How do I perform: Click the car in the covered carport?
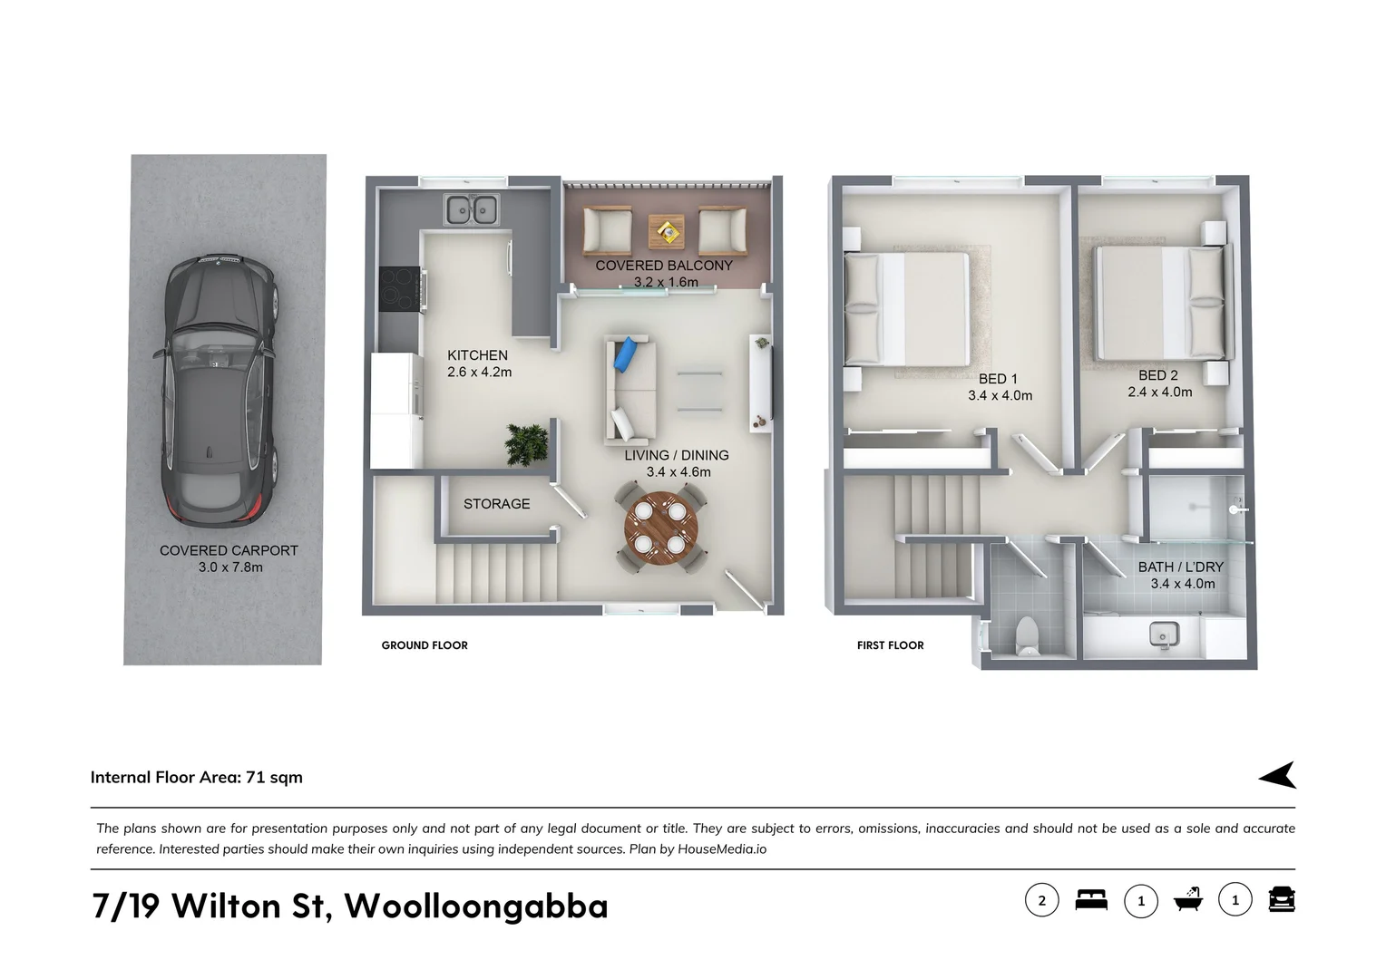220,390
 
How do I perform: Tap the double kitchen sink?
471,209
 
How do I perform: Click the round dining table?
661,528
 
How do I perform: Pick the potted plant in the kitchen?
528,444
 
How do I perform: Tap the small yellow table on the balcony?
668,232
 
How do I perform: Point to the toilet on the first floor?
1028,635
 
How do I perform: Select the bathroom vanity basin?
1163,634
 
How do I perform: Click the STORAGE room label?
496,504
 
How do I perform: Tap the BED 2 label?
1158,375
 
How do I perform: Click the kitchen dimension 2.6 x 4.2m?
479,373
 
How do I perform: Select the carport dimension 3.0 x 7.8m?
230,567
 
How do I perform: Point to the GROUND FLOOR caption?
425,645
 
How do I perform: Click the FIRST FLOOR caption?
890,645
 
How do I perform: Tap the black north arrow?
1278,775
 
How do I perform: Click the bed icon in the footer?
1091,900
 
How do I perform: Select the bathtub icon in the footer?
1187,899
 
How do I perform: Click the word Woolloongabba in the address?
476,906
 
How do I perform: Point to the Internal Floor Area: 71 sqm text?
197,778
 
